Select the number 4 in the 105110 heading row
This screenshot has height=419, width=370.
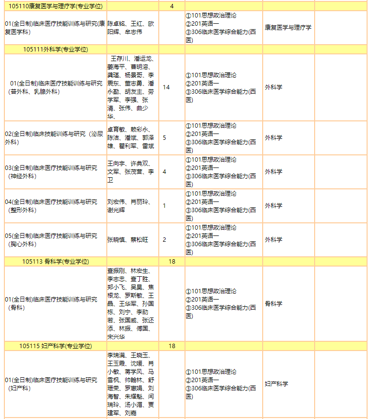(x=172, y=6)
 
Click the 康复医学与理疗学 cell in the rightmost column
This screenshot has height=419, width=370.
(x=288, y=28)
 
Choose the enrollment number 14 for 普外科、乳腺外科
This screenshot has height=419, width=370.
(x=166, y=87)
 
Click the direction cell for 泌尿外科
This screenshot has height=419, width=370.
(x=54, y=138)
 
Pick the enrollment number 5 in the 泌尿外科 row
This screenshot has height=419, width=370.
(x=164, y=138)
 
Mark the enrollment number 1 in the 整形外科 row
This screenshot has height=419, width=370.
(x=164, y=206)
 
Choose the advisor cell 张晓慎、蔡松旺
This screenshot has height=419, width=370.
(x=128, y=240)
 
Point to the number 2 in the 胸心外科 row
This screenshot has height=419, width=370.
(x=164, y=240)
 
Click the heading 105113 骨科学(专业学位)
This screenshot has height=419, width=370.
(x=55, y=262)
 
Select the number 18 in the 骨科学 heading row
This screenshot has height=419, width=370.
(x=172, y=262)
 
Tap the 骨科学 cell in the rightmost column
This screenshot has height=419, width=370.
(x=273, y=304)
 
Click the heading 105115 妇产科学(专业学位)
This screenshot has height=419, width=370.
(x=55, y=346)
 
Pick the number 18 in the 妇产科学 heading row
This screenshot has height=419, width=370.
(x=172, y=346)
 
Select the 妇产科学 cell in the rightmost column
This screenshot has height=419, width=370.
(x=276, y=384)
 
